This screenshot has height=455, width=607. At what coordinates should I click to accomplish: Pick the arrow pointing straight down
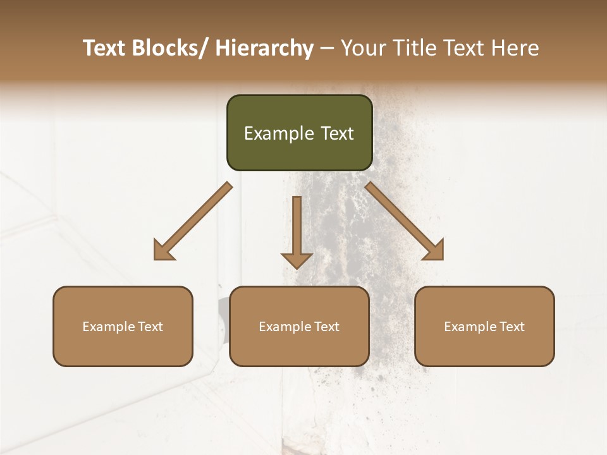297,227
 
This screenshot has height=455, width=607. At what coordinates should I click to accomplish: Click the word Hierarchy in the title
264,49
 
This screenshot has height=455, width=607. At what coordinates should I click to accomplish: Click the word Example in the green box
279,133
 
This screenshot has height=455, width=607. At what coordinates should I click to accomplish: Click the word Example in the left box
108,327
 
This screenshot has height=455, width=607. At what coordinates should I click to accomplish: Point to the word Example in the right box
470,327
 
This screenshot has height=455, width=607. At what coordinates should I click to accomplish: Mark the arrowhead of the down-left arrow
163,250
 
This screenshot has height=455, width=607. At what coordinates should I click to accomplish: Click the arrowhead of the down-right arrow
434,250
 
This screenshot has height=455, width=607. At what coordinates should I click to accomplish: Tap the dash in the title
327,49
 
